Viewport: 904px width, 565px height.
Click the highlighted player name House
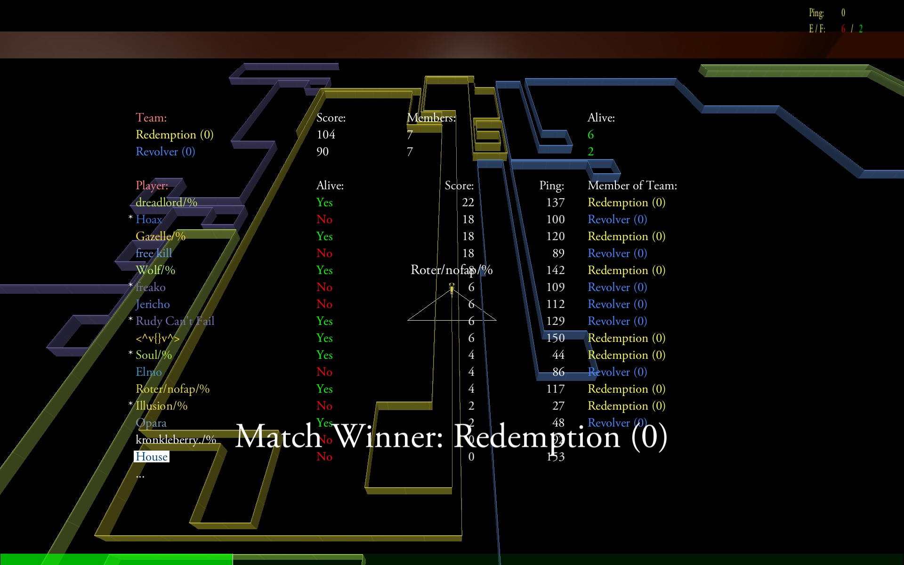point(151,457)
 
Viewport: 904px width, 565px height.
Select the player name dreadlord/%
point(166,202)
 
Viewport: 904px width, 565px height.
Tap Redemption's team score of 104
point(326,135)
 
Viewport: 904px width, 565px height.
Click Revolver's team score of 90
point(323,152)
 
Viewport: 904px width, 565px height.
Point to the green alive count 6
point(590,135)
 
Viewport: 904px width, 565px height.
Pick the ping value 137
point(555,202)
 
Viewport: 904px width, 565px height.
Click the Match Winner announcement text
point(451,436)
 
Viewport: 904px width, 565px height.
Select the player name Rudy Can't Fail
point(175,321)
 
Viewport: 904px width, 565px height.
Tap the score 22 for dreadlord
point(468,202)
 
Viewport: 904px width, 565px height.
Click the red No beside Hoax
point(324,219)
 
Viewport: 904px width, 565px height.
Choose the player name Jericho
point(153,304)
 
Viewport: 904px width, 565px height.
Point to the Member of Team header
point(632,186)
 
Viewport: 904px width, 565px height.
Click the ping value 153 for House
point(555,457)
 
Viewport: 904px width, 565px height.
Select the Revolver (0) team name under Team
point(165,152)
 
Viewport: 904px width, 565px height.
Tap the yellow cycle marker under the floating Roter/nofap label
point(452,288)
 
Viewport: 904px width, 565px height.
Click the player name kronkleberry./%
point(176,440)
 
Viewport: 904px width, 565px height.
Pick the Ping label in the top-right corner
point(816,13)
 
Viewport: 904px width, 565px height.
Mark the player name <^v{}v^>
point(157,338)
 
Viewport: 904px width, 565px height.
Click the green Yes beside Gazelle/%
point(324,236)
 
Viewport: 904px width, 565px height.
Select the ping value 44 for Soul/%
point(558,355)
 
